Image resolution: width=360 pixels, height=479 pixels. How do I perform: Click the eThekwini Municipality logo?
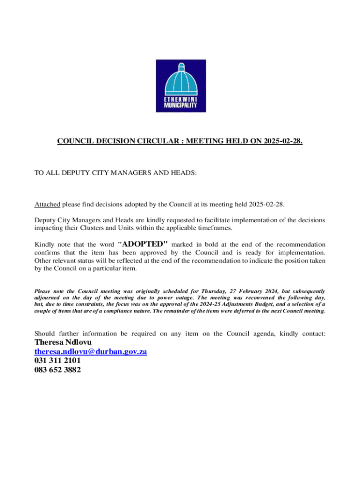point(180,86)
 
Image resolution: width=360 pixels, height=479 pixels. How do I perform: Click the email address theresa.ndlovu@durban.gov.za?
point(91,351)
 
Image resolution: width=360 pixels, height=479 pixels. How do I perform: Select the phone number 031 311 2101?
point(58,361)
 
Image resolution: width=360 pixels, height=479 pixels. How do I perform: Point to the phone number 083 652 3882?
point(58,370)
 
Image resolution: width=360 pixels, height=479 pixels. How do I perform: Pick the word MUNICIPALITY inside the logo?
point(180,105)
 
